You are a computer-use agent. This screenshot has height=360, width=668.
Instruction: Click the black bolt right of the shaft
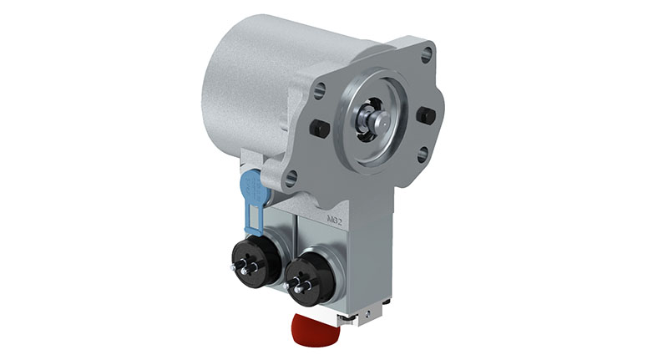point(426,115)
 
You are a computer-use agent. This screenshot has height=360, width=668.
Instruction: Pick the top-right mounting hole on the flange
point(428,57)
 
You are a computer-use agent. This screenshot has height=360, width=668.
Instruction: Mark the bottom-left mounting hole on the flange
point(291,177)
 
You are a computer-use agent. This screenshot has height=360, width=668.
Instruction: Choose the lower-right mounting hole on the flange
point(423,155)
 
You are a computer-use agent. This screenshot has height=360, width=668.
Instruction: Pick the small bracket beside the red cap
point(352,316)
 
